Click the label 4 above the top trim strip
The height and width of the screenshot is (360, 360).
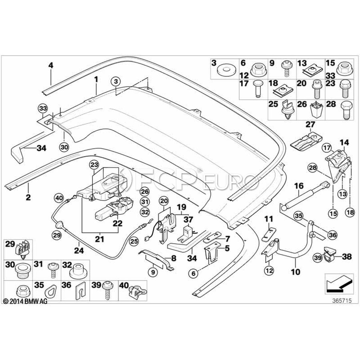[x=50, y=66]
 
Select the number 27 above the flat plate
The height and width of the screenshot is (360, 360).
[x=310, y=125]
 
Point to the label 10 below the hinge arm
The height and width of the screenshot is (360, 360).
[x=296, y=272]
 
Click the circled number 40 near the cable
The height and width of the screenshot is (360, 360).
[x=59, y=198]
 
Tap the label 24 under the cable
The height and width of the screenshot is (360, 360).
[x=79, y=250]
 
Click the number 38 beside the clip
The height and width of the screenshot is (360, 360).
[x=347, y=256]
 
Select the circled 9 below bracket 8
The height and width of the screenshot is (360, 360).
[x=153, y=272]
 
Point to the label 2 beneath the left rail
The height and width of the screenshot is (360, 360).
[x=28, y=197]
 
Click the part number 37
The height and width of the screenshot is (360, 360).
[x=188, y=220]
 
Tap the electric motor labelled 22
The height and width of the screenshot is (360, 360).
[x=114, y=208]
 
